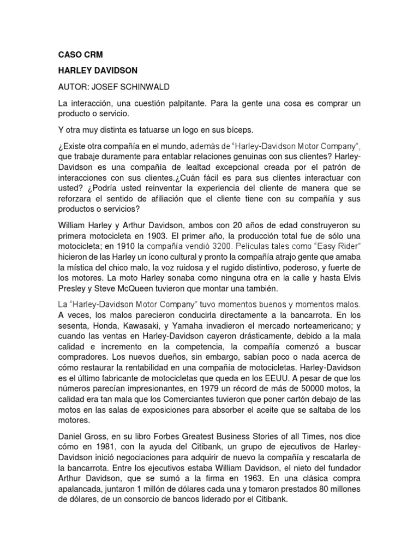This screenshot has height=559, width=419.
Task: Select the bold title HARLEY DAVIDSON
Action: (97, 70)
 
